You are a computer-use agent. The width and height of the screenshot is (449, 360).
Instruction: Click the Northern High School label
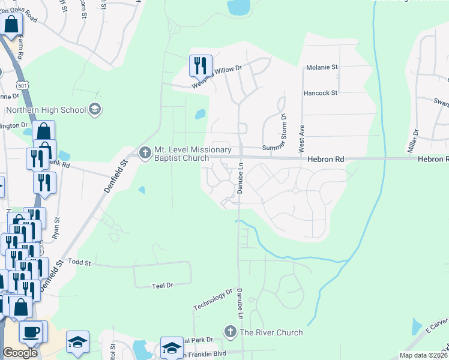[x=46, y=110]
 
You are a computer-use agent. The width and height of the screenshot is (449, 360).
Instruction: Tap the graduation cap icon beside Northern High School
[x=94, y=109]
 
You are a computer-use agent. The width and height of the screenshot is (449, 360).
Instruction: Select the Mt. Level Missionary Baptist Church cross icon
[x=144, y=154]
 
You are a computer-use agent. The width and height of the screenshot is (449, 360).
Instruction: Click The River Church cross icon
[x=230, y=332]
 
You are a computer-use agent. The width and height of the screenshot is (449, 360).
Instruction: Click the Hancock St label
[x=321, y=93]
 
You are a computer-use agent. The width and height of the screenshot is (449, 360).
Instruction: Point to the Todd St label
[x=79, y=263]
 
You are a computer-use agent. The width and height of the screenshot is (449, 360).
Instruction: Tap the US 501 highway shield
[x=22, y=85]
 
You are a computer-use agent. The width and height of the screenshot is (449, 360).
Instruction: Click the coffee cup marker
[x=31, y=331]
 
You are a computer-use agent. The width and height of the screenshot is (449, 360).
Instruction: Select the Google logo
[x=20, y=352]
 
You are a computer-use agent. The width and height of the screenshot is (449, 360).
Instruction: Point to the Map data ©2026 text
[x=423, y=355]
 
